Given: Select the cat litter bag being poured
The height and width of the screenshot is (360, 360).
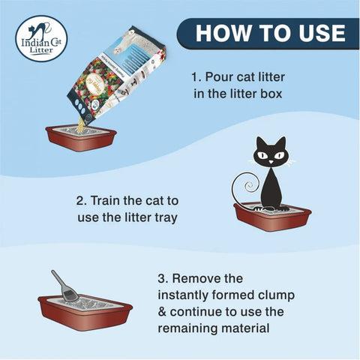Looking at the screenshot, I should [x=113, y=75].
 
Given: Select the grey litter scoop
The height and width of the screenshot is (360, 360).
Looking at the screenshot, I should [x=65, y=287].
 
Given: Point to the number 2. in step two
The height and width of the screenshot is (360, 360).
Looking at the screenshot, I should [x=82, y=201].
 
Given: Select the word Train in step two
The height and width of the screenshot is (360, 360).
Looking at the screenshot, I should [x=111, y=201].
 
